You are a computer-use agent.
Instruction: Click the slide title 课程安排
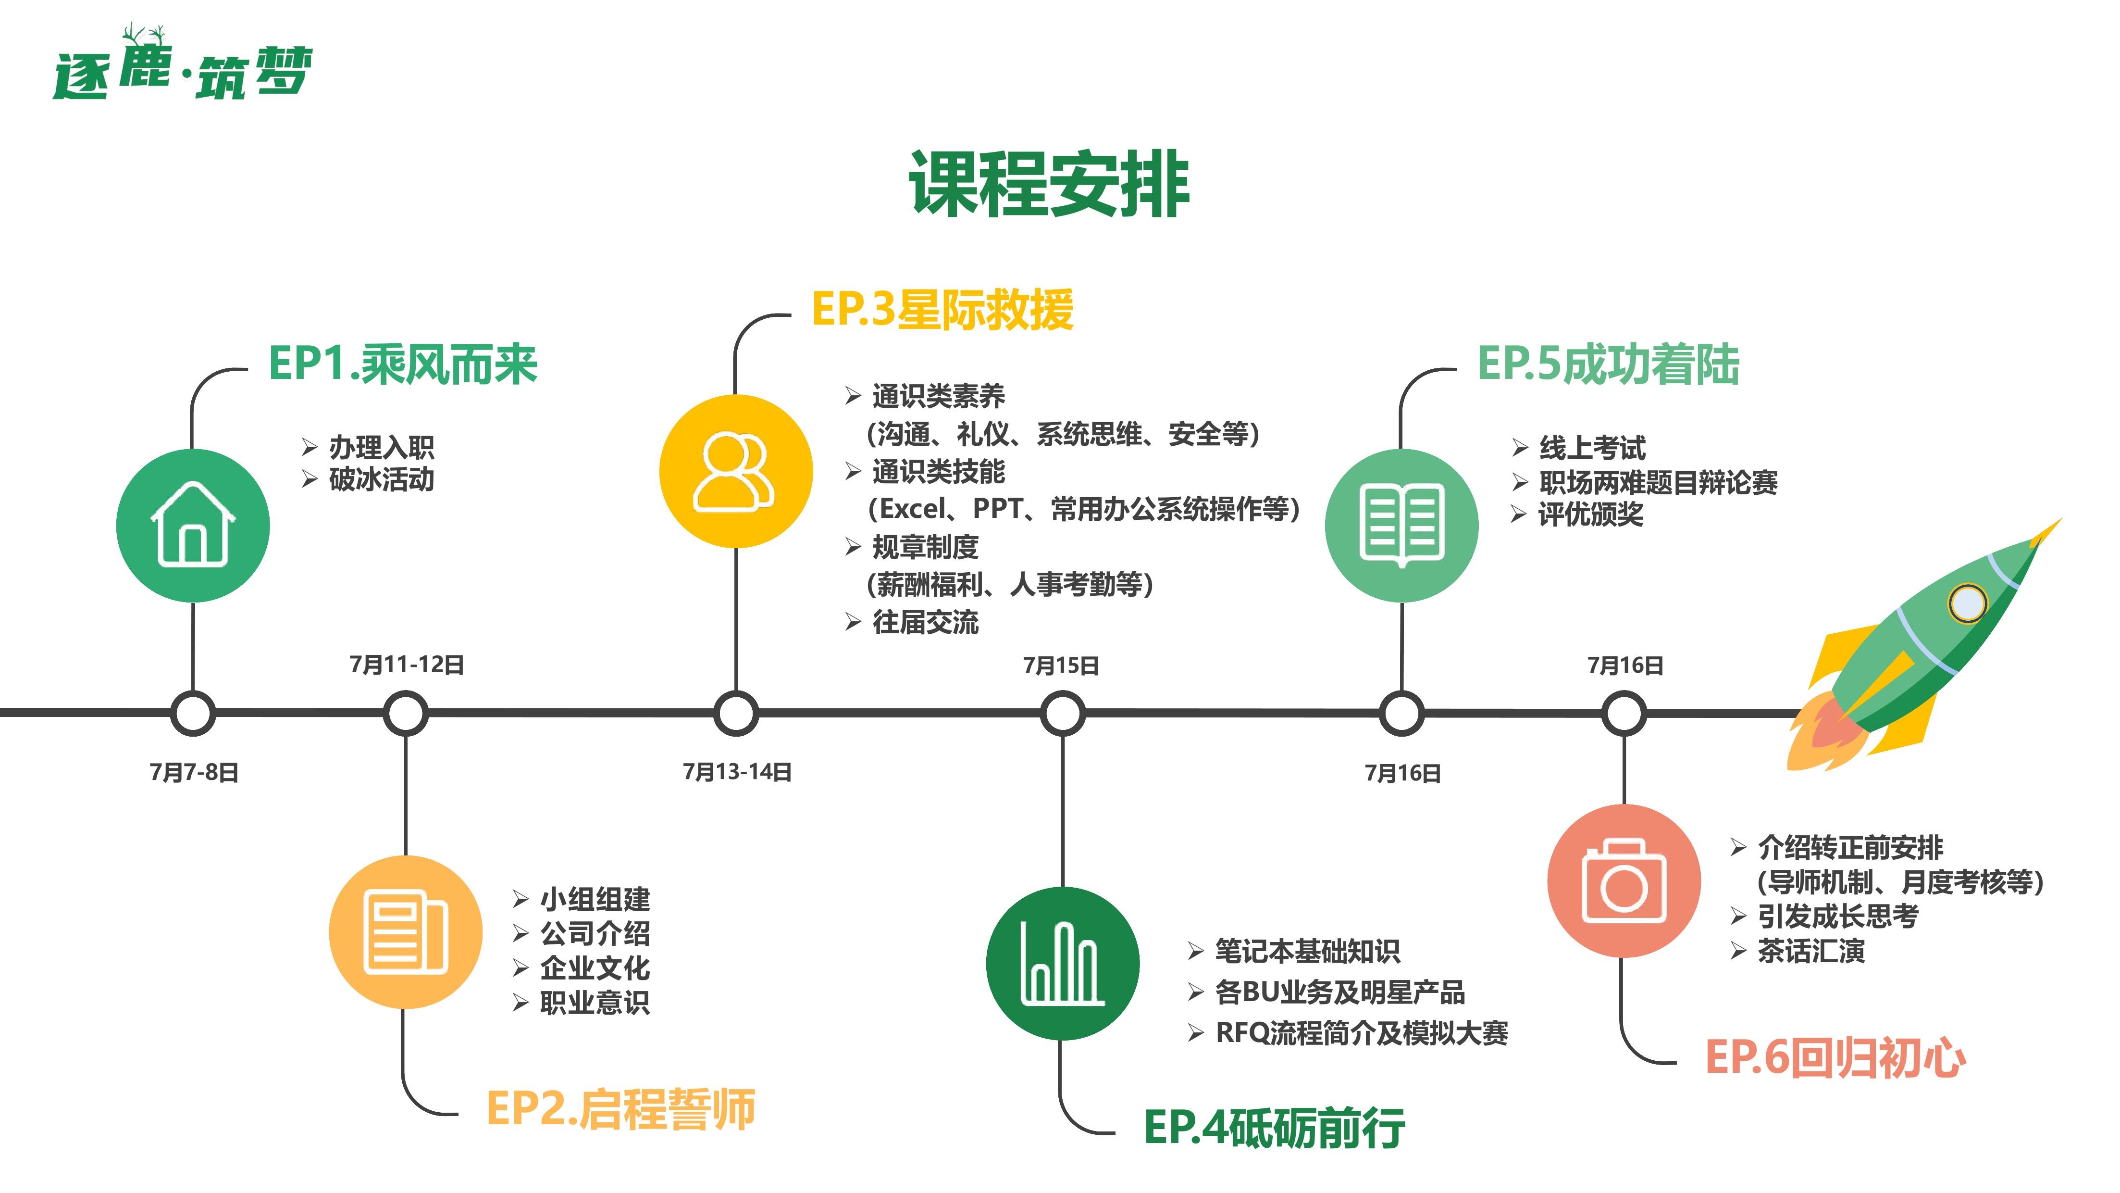tap(1049, 185)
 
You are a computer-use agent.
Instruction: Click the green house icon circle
tap(193, 525)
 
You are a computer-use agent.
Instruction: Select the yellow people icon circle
tap(736, 471)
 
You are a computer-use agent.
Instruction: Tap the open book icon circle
tap(1401, 525)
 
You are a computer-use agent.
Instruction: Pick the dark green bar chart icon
tap(1063, 963)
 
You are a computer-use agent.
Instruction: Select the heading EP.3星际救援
tap(943, 310)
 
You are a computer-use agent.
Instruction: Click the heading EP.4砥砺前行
tap(1275, 1128)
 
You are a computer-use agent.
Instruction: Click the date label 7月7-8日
tap(194, 772)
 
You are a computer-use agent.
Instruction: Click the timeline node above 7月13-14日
tap(736, 713)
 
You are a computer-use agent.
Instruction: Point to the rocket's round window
tap(1968, 603)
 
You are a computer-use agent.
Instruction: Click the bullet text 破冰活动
tap(381, 479)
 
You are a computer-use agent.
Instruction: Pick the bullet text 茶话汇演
tap(1811, 951)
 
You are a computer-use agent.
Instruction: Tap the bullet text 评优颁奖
tap(1591, 515)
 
